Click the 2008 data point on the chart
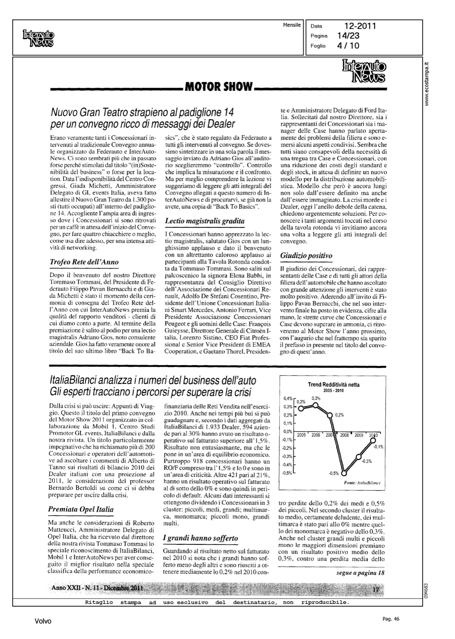tap(345, 472)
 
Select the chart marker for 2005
tap(300, 408)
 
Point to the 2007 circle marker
tap(330, 414)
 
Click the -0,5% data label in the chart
tap(333, 473)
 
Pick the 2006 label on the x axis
tap(316, 435)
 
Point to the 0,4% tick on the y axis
tap(288, 399)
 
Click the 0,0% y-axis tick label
tap(288, 432)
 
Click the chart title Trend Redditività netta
tap(333, 385)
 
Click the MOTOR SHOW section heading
tap(218, 87)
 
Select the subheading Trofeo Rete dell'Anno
tap(84, 262)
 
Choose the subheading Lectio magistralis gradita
tap(204, 221)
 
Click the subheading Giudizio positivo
tap(306, 256)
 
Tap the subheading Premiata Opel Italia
tap(81, 509)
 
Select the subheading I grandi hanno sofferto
tap(200, 538)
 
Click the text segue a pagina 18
tap(360, 573)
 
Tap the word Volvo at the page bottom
tap(43, 622)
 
